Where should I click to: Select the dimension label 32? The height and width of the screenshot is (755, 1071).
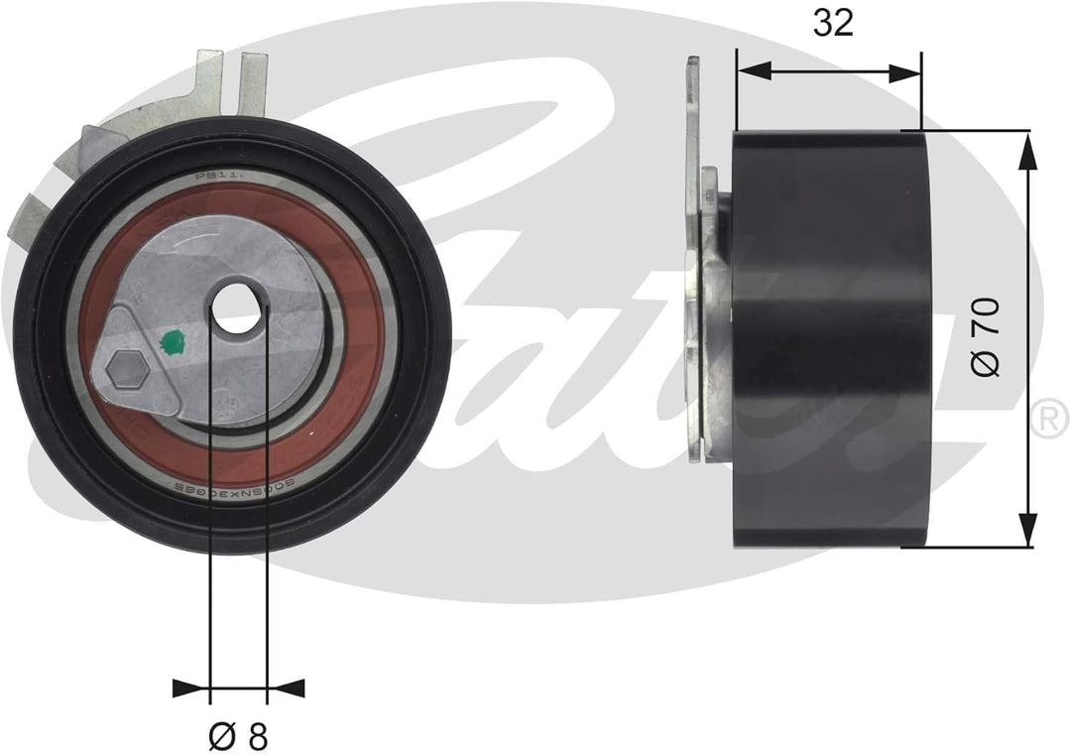(x=833, y=23)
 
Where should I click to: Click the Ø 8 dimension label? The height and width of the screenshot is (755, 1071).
(x=239, y=735)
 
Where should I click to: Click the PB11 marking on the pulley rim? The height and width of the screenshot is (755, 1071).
(x=212, y=176)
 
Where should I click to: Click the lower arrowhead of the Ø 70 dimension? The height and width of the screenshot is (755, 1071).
(x=1027, y=532)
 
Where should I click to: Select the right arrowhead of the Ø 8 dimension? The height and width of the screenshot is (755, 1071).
(x=287, y=687)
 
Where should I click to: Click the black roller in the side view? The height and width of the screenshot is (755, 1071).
(x=831, y=337)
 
